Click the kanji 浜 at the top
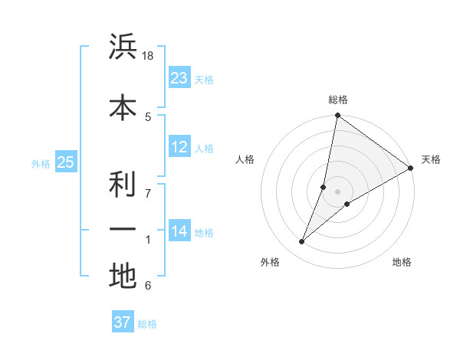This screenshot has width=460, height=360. pyautogui.click(x=123, y=47)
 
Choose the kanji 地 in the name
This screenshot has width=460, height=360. pyautogui.click(x=123, y=275)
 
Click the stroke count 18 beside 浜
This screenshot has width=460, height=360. pyautogui.click(x=148, y=56)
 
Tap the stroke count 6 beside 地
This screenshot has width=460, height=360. pyautogui.click(x=148, y=286)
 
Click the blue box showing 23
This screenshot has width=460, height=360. pyautogui.click(x=179, y=78)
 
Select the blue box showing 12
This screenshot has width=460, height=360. pyautogui.click(x=179, y=147)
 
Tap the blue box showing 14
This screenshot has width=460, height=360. pyautogui.click(x=179, y=231)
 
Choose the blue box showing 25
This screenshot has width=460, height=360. pyautogui.click(x=65, y=162)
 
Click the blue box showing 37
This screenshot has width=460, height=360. pyautogui.click(x=123, y=322)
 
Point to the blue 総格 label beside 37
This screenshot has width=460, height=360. pyautogui.click(x=147, y=324)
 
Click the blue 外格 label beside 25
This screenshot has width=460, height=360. pyautogui.click(x=41, y=163)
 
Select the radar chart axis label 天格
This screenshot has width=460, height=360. pyautogui.click(x=431, y=159)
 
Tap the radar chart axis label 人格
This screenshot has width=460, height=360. pyautogui.click(x=245, y=159)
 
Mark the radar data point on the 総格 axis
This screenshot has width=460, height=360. pyautogui.click(x=337, y=116)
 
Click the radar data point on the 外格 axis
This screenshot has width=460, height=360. pyautogui.click(x=302, y=242)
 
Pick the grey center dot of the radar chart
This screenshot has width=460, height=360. pyautogui.click(x=337, y=191)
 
